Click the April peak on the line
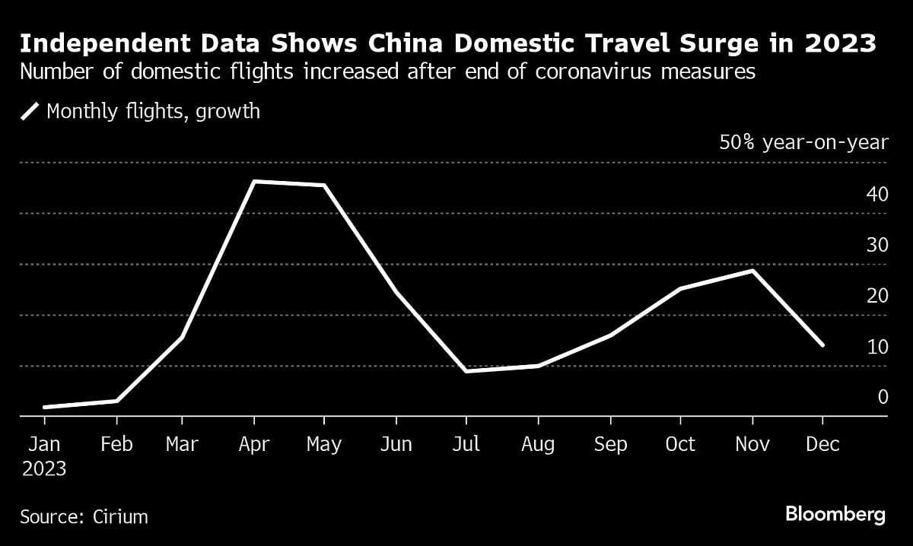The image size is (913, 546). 253,182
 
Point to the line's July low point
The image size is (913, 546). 466,370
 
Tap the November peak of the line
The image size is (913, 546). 752,271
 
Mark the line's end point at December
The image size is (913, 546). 822,345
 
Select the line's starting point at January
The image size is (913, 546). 45,408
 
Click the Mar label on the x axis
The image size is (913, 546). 181,444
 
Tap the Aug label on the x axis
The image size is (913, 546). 539,444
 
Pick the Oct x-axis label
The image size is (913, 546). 680,444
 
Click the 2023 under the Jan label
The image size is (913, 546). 44,469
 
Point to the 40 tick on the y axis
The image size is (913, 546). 877,195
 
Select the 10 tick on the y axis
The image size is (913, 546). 877,347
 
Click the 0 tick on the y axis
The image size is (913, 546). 883,397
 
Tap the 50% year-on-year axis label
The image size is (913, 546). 803,143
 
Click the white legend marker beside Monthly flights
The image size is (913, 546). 30,112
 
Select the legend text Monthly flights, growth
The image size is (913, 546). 153,112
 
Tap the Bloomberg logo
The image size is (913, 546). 835,515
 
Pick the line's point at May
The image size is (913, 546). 324,186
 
